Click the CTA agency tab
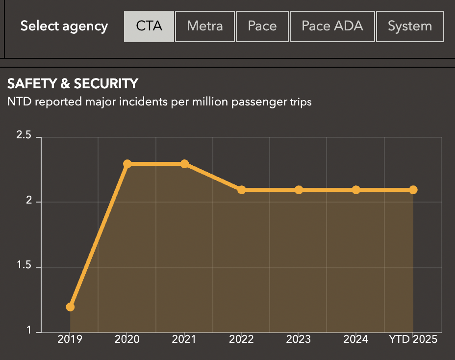(x=149, y=26)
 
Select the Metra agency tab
(x=205, y=26)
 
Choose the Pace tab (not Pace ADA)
(x=262, y=26)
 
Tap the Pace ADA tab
(x=332, y=26)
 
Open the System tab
(x=410, y=26)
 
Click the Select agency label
(x=64, y=26)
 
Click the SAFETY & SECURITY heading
(x=73, y=84)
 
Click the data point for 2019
(x=70, y=307)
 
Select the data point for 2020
(x=127, y=164)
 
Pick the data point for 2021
(x=184, y=164)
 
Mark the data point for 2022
(x=242, y=190)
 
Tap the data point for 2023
(x=299, y=190)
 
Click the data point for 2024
(x=356, y=190)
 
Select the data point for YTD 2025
(x=413, y=190)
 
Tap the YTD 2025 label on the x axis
(x=413, y=339)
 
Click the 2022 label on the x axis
(x=241, y=339)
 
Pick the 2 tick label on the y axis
(x=30, y=201)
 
